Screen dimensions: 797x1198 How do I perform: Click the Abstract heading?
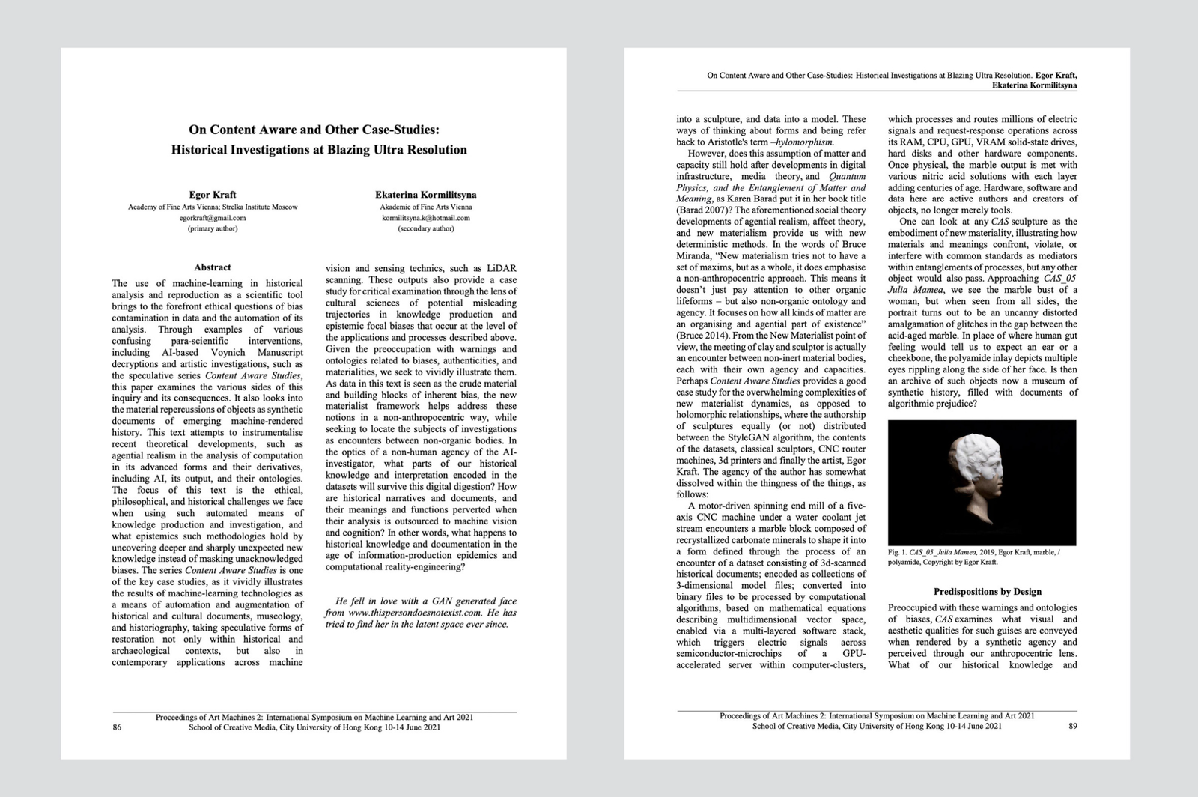tap(212, 267)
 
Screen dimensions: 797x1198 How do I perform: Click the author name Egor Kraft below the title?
tap(213, 195)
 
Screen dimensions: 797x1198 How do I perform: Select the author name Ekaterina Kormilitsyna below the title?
tap(425, 195)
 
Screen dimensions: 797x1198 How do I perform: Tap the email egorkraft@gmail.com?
tap(213, 218)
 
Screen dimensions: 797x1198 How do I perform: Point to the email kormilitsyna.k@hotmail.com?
tap(425, 218)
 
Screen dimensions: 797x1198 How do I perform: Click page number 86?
tap(117, 727)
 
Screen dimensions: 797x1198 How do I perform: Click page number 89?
tap(1073, 726)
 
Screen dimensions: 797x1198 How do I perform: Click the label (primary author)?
tap(213, 228)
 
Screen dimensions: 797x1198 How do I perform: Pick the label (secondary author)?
tap(425, 228)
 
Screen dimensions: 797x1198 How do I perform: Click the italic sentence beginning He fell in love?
tap(420, 612)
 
